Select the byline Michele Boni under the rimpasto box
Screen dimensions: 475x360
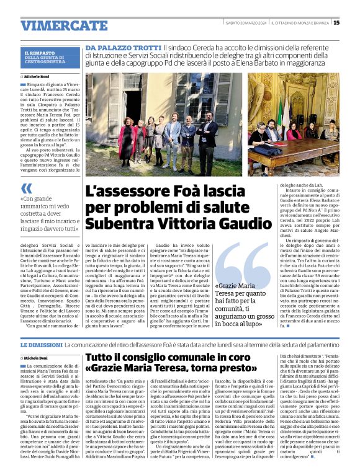[x=38, y=76]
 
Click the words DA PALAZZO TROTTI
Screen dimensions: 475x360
[x=123, y=47]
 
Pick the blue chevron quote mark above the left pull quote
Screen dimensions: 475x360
[x=27, y=189]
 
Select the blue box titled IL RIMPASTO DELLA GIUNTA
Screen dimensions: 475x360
[x=49, y=57]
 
